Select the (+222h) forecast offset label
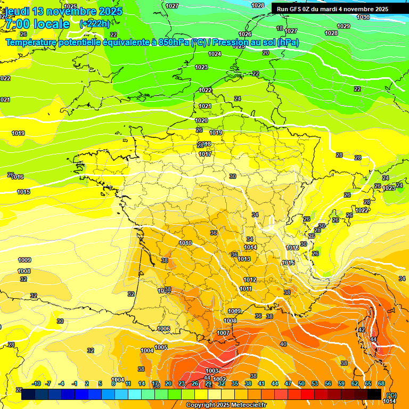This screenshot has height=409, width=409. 95,23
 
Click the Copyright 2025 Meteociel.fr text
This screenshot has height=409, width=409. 226,405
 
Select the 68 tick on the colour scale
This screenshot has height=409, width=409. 381,384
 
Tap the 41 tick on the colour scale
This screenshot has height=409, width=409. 261,384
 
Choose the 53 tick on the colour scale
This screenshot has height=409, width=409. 315,384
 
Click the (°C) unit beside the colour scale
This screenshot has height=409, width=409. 391,395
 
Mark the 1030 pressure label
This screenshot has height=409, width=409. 363,17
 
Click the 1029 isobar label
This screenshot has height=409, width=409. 343,26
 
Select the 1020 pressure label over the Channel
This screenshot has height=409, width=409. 201,121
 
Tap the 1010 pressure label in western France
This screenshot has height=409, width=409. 185,243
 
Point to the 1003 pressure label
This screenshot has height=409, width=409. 212,371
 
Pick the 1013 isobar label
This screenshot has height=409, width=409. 244,259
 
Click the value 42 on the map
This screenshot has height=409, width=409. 362,330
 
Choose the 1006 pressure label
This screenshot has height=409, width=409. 163,329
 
